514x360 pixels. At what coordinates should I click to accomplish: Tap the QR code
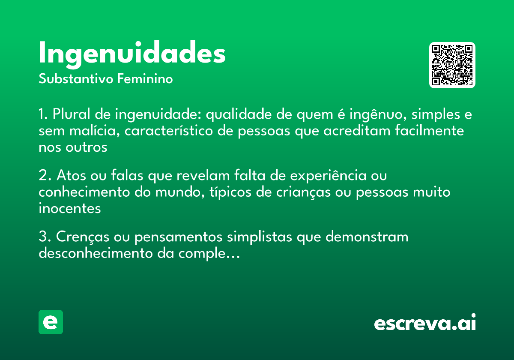click(452, 65)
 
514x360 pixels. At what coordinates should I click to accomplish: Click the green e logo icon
click(51, 322)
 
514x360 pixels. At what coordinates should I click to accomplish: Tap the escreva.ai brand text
click(425, 323)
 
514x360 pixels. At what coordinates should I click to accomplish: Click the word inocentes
click(69, 209)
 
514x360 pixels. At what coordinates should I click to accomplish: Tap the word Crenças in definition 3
click(81, 237)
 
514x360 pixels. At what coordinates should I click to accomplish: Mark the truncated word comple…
click(207, 254)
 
